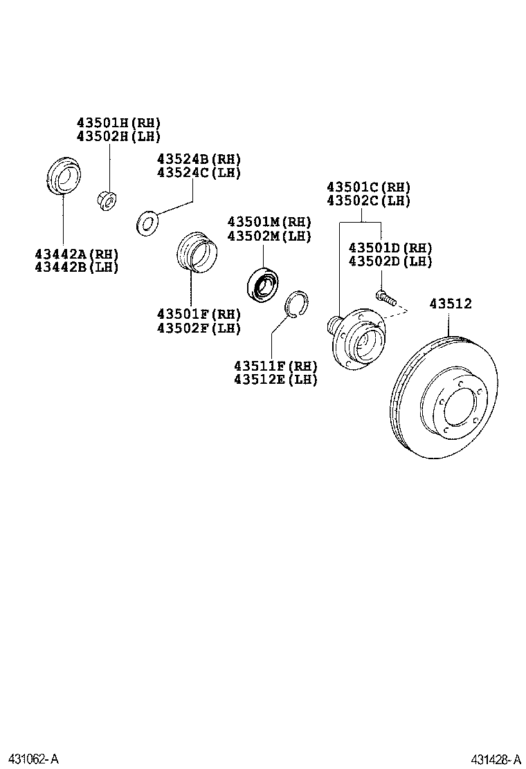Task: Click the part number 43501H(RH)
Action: coord(118,122)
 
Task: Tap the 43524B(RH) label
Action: coord(199,159)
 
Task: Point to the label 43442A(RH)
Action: coord(77,254)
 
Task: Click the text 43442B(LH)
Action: coord(77,267)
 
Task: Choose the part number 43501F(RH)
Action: coord(199,315)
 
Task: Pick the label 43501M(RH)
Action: coord(269,222)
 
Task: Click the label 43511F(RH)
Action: coord(275,366)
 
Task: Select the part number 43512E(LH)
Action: coord(275,379)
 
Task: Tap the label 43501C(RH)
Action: coord(368,187)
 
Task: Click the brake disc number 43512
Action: coord(450,303)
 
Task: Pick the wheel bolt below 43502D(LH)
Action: coord(386,298)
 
